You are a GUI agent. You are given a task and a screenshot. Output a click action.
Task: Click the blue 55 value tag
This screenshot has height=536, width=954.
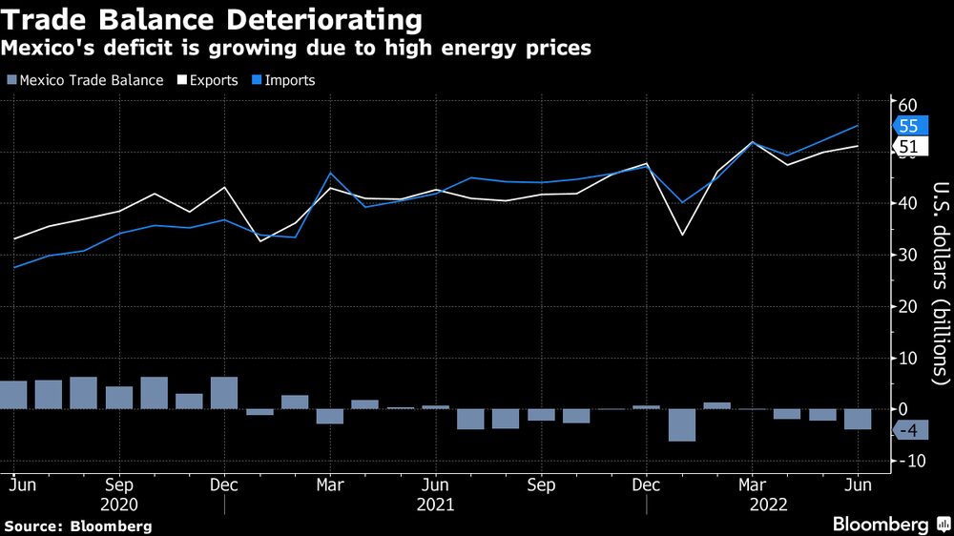(909, 126)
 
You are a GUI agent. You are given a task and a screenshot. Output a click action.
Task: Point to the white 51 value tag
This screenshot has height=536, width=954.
(909, 146)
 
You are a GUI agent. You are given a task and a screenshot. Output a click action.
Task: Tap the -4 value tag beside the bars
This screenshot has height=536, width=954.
(907, 431)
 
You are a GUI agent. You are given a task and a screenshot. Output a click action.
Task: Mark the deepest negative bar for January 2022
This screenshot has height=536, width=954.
(682, 424)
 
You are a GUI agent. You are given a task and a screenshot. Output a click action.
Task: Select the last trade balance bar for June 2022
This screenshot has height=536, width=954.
(858, 419)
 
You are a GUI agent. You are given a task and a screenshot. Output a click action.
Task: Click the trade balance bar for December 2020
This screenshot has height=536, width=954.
(224, 393)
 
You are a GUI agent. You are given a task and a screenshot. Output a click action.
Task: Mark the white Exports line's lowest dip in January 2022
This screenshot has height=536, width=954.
(682, 235)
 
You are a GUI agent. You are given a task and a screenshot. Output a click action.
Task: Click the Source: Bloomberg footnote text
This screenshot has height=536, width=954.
(77, 526)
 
